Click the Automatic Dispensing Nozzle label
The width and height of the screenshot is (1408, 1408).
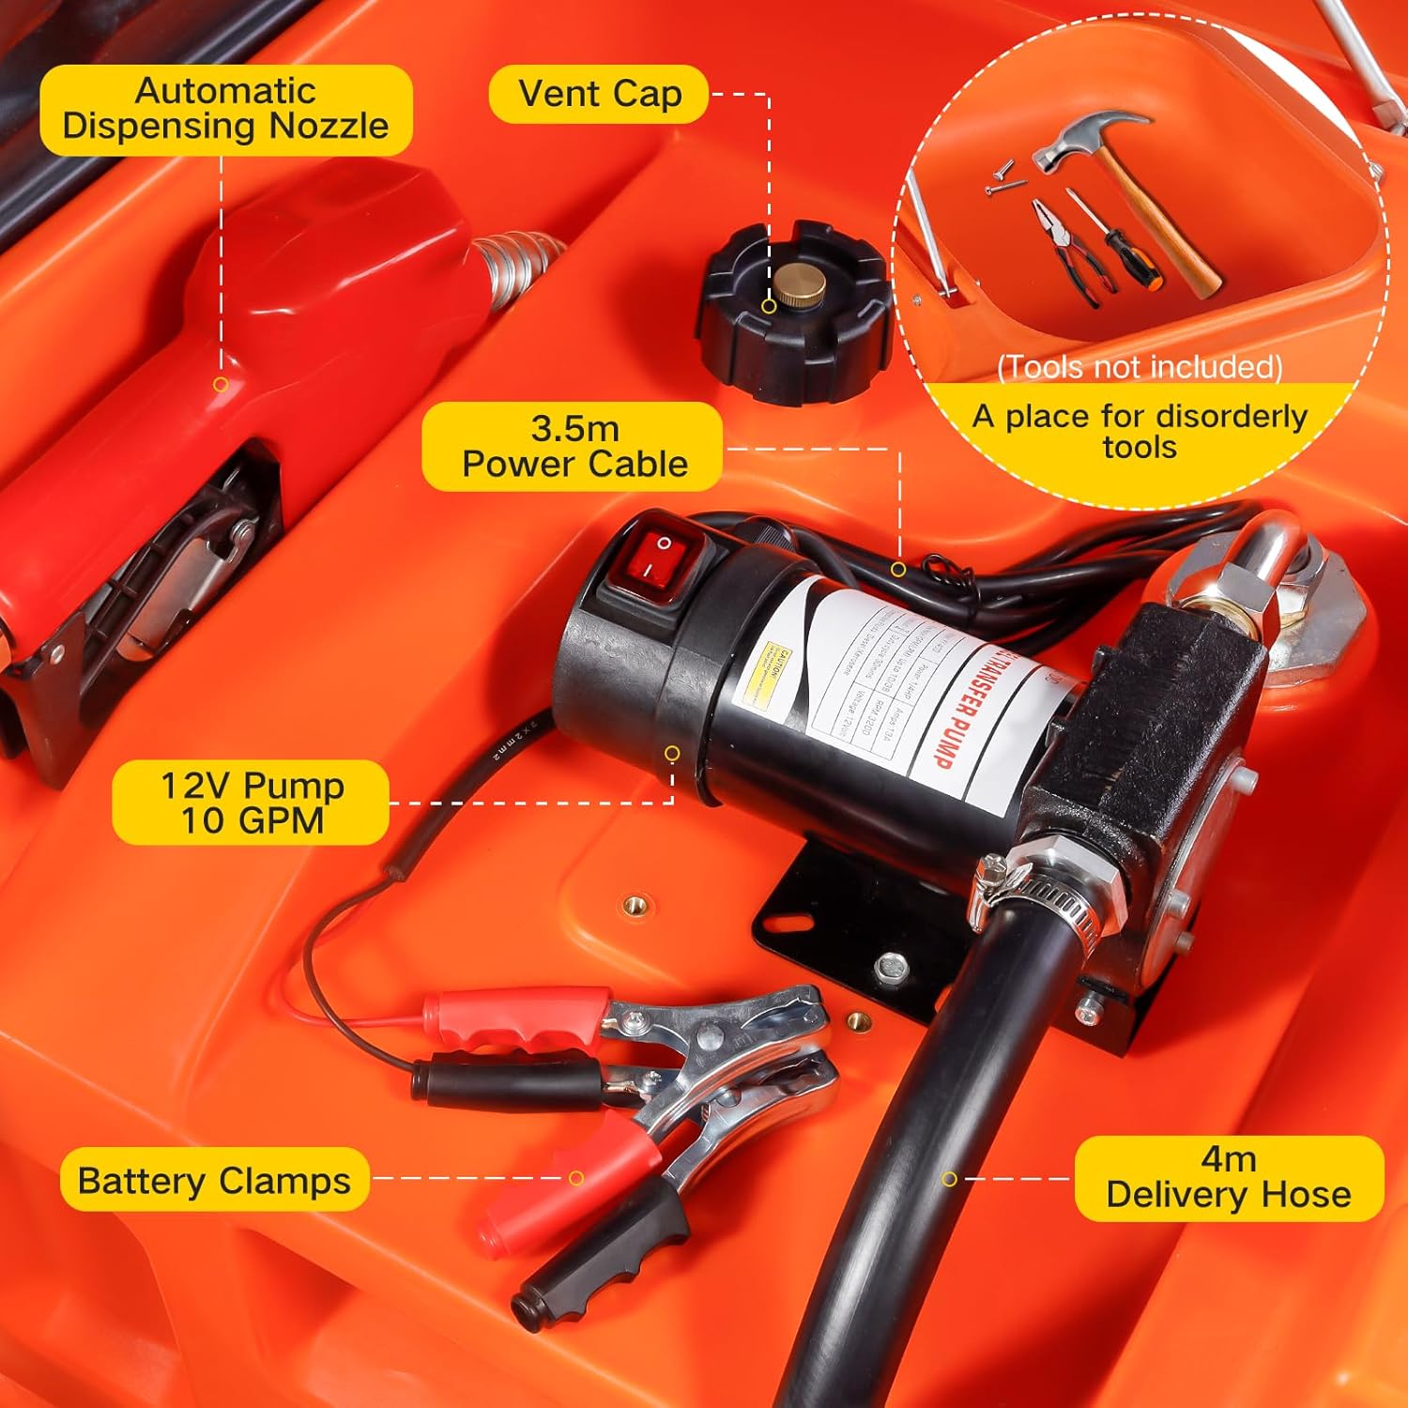click(x=225, y=109)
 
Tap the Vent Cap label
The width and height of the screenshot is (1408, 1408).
click(x=599, y=94)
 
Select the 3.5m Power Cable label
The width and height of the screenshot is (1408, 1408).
click(x=573, y=447)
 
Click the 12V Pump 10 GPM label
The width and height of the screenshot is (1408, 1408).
click(x=251, y=803)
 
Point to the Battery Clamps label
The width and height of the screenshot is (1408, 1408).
click(x=214, y=1180)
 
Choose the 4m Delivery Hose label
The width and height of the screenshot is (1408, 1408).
click(x=1228, y=1178)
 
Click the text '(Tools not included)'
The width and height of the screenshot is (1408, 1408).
click(x=1139, y=366)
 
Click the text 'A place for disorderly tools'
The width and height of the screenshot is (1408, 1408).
click(x=1139, y=431)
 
